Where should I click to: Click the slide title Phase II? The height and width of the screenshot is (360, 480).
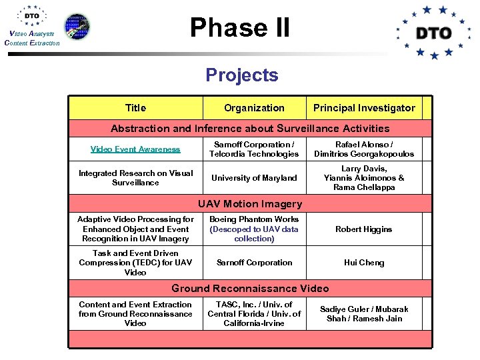(240, 28)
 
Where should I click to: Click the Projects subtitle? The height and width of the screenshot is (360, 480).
(242, 75)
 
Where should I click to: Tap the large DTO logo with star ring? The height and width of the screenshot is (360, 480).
(434, 33)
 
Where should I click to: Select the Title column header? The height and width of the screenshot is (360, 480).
(135, 108)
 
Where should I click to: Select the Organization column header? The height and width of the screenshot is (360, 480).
(254, 108)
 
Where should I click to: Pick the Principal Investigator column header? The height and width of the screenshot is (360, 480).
(364, 108)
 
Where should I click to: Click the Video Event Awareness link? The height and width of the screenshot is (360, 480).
(135, 149)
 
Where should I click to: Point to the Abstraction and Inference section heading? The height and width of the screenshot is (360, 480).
(250, 129)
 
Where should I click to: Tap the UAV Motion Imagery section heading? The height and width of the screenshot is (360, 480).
(250, 204)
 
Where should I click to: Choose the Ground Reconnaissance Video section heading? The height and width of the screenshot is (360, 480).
(250, 289)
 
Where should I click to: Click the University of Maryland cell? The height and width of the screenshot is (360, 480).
(254, 178)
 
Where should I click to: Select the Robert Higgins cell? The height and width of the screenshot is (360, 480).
(363, 229)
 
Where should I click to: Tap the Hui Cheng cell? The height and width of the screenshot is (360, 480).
(363, 263)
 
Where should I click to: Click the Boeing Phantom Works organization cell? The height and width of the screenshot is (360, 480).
(254, 229)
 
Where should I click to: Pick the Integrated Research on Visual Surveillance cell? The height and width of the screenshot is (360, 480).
(135, 178)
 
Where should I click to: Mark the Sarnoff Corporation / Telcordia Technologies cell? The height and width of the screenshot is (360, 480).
(254, 149)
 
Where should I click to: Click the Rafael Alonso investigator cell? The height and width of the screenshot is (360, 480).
(363, 149)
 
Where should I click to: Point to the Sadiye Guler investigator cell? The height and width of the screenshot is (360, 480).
(363, 314)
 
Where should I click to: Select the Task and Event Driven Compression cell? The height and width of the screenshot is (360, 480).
(135, 263)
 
